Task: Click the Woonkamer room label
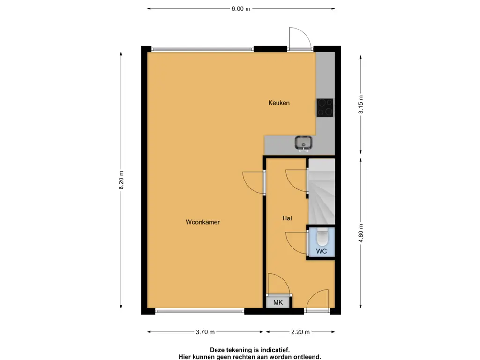point(202,222)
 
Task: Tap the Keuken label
point(279,103)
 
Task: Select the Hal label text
point(287,218)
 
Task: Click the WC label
point(322,251)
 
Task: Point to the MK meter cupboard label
point(278,302)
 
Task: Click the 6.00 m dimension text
point(241,8)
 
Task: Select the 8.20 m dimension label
point(121,180)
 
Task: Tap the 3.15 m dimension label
point(361,105)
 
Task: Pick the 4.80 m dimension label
point(361,233)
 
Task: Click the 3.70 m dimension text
point(205,332)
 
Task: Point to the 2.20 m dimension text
point(300,332)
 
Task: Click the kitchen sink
point(303,143)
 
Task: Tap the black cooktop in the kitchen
point(325,107)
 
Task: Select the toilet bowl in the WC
point(322,237)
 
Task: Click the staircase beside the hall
point(322,192)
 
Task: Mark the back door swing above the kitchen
point(300,38)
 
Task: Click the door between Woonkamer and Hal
point(254,183)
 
